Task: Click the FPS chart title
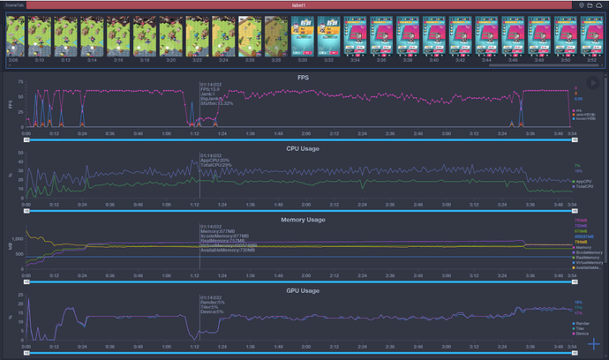pos(304,78)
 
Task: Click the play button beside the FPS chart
pos(592,83)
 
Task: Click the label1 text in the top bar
pos(304,5)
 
